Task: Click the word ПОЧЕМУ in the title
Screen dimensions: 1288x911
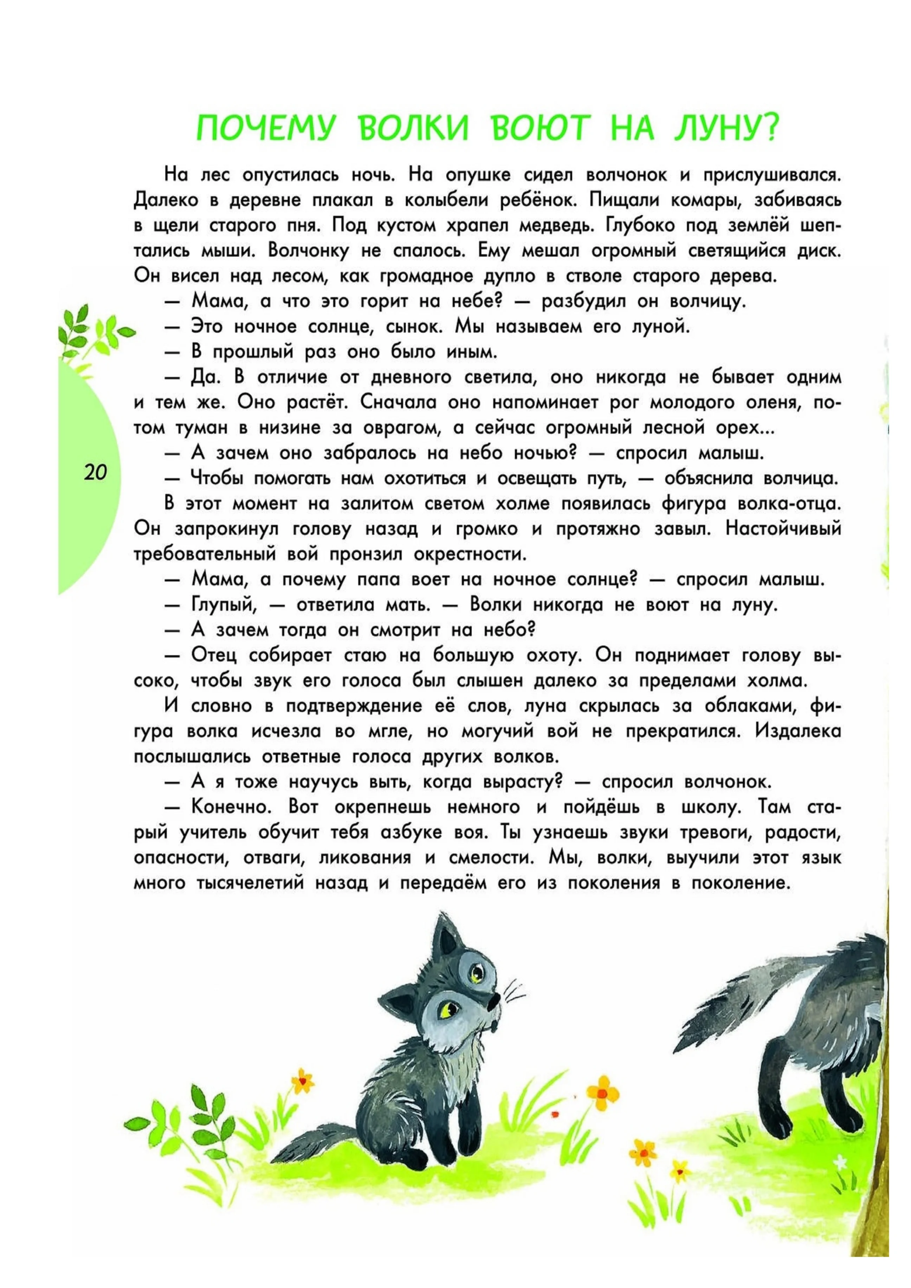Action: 264,129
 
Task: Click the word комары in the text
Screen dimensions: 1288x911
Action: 711,200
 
